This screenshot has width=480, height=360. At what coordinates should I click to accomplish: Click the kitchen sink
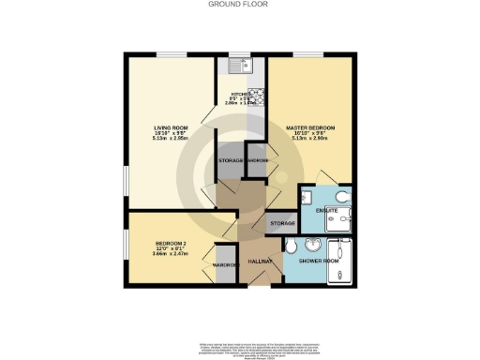click(x=243, y=65)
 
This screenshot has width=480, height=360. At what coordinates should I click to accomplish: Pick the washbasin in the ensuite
click(x=307, y=196)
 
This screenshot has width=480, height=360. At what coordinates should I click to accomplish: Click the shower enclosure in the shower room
click(x=339, y=261)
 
